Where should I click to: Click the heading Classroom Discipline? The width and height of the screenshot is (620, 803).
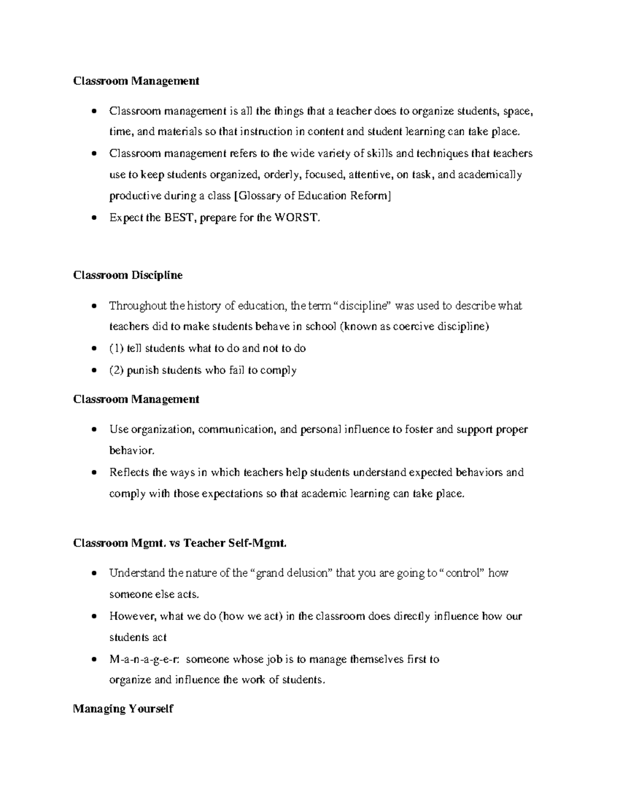(128, 275)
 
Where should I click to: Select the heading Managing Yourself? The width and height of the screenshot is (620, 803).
(123, 708)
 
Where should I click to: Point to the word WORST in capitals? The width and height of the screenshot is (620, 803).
(297, 218)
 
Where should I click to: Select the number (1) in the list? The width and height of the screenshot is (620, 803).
(116, 349)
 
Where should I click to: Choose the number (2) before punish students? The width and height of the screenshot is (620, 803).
(116, 370)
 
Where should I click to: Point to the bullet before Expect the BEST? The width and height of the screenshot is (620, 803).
(94, 218)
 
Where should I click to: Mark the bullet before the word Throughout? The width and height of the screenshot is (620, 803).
(94, 306)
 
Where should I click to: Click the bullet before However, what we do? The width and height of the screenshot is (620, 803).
(94, 616)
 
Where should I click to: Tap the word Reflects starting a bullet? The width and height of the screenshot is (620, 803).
(129, 472)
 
